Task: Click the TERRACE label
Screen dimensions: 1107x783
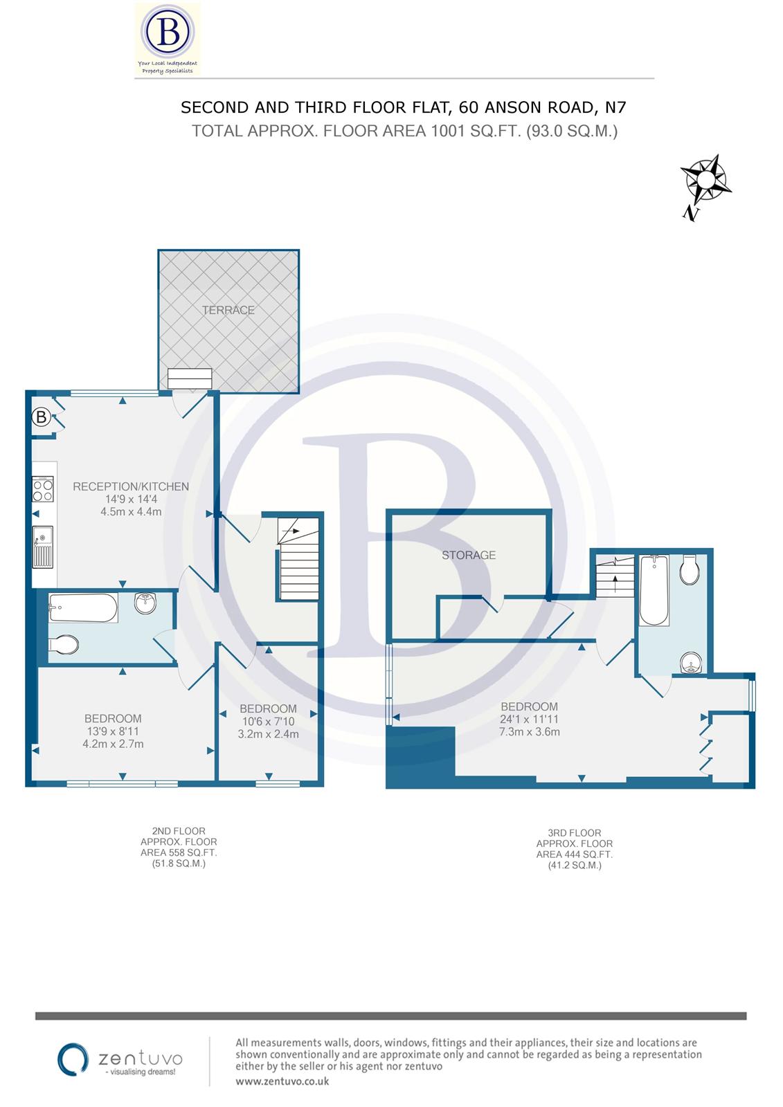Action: (228, 310)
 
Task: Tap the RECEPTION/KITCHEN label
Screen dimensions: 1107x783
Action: (131, 486)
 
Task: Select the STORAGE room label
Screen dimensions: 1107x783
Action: (469, 555)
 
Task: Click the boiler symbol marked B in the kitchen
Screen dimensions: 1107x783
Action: (42, 417)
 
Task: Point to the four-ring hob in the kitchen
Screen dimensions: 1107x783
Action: (43, 490)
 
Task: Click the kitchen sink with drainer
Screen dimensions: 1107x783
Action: (43, 547)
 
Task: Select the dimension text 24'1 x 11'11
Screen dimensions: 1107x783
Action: (530, 720)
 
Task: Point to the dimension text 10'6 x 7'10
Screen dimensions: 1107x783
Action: (268, 722)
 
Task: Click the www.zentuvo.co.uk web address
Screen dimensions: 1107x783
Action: (282, 1081)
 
